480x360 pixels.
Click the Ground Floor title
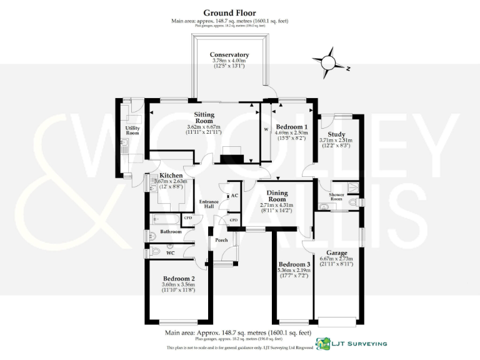click(x=229, y=12)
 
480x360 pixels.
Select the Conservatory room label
click(x=229, y=55)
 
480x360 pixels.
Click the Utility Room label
click(x=132, y=131)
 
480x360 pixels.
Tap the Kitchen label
click(x=171, y=176)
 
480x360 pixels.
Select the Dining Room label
click(x=276, y=197)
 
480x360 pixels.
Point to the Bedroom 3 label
click(x=293, y=264)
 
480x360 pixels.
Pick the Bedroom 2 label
click(x=179, y=278)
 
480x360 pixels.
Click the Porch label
click(x=221, y=240)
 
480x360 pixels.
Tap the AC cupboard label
click(x=235, y=196)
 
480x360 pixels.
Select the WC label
click(x=170, y=252)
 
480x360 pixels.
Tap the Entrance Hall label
click(x=207, y=204)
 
